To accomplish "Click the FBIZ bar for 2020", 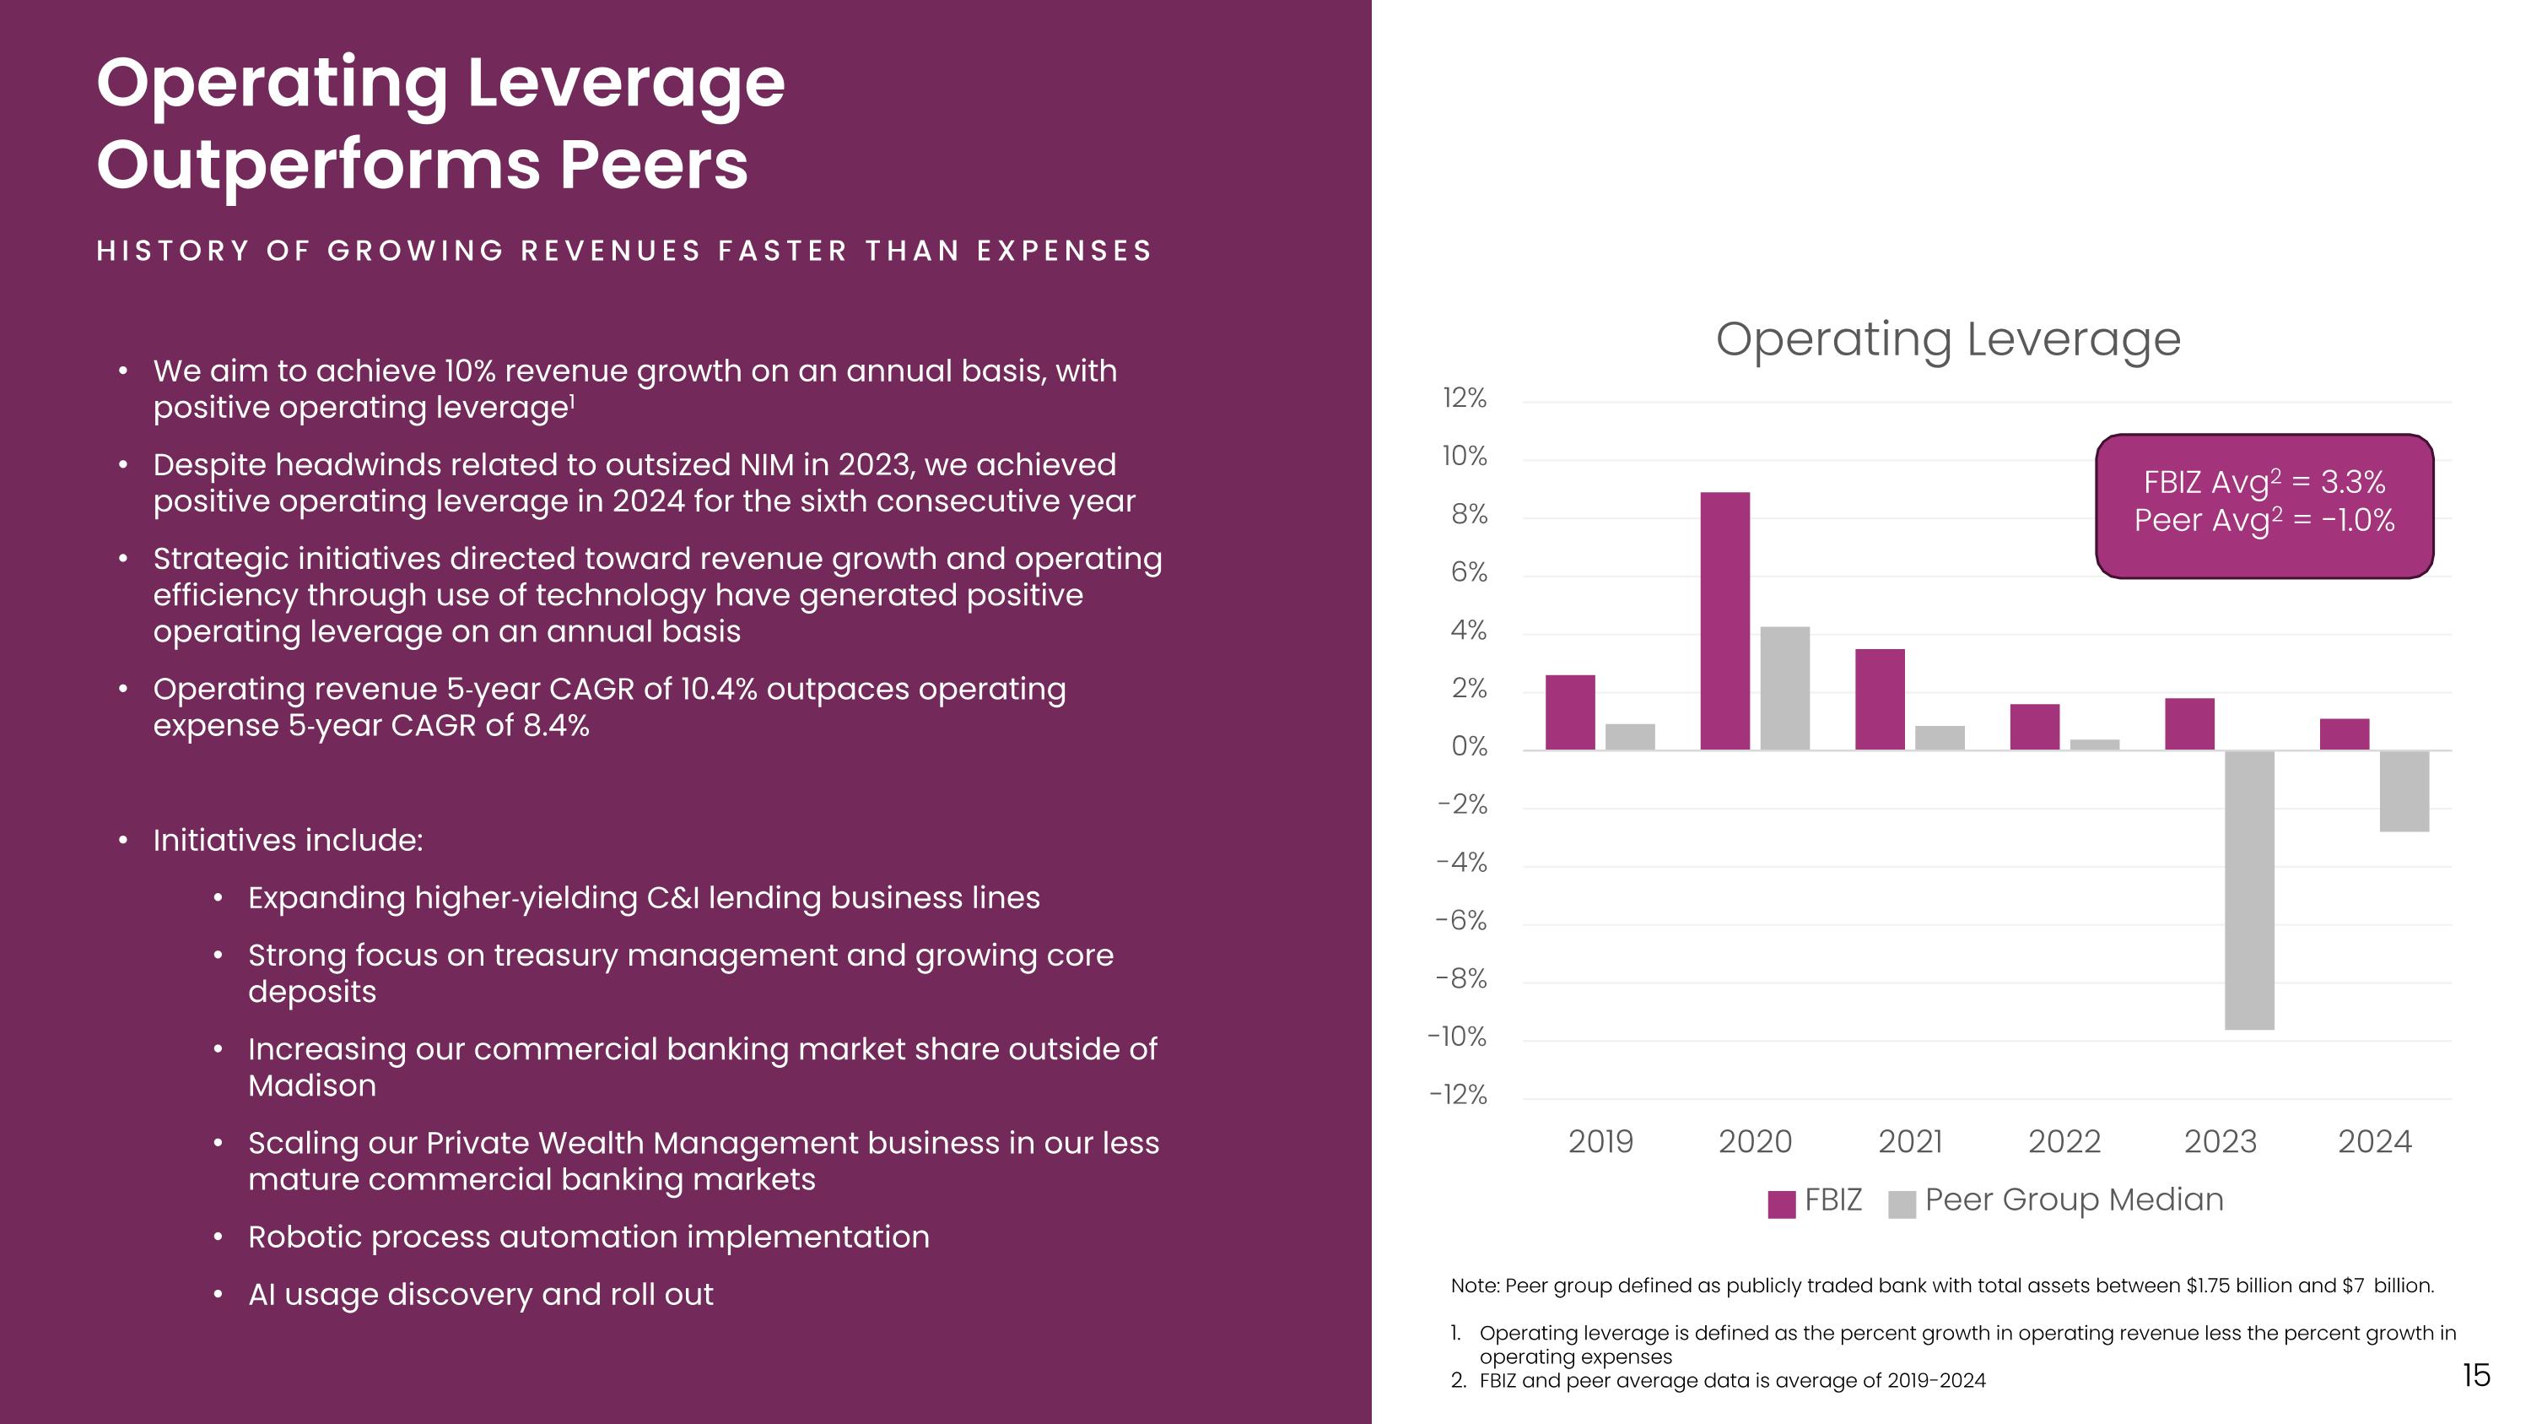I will click(1724, 621).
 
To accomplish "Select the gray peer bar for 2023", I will click(2249, 890).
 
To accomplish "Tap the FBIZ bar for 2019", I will click(1570, 712).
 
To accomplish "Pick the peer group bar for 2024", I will click(2404, 791).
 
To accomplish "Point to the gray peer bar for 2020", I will click(1784, 688).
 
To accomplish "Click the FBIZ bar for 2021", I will click(1880, 700).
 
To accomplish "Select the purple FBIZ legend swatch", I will click(1781, 1204).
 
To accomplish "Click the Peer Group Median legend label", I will click(2073, 1200).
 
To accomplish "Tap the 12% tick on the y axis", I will click(1464, 399).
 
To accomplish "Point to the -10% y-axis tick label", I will click(1457, 1037).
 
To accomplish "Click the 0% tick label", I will click(1469, 747).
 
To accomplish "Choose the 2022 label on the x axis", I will click(2064, 1142).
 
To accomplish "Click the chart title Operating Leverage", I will click(1947, 340).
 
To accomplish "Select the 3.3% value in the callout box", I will click(2352, 483).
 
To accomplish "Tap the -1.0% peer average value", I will click(2358, 520).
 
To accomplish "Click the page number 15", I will click(2476, 1375).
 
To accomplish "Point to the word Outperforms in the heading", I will click(318, 165).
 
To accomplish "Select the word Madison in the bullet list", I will click(311, 1086).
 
